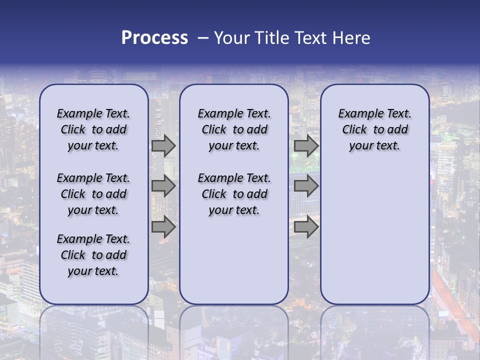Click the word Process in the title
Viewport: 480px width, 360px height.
(154, 38)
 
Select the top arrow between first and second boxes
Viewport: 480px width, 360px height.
(163, 146)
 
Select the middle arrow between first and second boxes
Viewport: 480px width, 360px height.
(163, 186)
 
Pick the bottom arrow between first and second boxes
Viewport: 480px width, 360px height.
(163, 227)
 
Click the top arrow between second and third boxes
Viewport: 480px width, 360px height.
(306, 146)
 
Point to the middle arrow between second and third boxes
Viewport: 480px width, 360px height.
(306, 186)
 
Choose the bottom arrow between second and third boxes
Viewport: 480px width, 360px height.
(306, 227)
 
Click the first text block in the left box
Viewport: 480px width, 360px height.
(93, 129)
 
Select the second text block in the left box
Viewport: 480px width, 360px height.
(93, 194)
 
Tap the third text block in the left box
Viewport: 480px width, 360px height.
(93, 255)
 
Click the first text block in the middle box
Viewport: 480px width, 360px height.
(234, 129)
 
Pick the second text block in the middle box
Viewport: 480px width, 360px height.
(234, 194)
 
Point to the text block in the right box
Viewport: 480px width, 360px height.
(375, 129)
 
